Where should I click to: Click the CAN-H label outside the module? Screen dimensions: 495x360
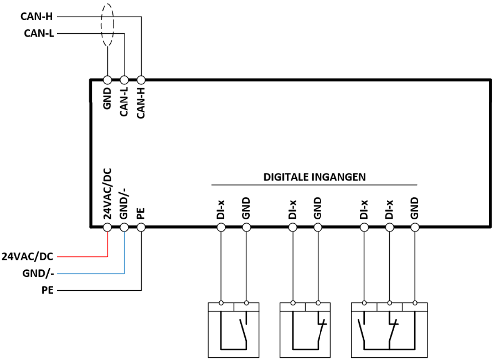[37, 17]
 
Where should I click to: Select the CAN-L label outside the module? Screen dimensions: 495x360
[39, 33]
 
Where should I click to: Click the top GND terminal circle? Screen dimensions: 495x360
[107, 80]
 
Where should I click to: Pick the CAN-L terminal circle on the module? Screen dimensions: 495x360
[125, 80]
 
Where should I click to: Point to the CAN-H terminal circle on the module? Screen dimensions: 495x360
[141, 80]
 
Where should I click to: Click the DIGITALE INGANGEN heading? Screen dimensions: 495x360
[314, 177]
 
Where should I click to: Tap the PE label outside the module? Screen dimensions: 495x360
[48, 290]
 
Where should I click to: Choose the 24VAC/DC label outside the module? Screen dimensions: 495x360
[28, 256]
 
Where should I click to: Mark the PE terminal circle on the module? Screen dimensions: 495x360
[141, 227]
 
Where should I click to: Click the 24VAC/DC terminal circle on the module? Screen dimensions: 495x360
[107, 227]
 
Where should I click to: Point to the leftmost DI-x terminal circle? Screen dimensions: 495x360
[221, 227]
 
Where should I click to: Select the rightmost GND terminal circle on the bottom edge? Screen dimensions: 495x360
[415, 227]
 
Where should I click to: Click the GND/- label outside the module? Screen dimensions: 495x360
[38, 274]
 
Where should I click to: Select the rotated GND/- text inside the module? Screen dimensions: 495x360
[124, 204]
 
